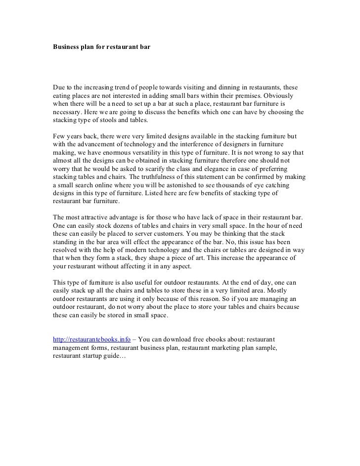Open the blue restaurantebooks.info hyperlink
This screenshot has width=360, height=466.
[x=92, y=340]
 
